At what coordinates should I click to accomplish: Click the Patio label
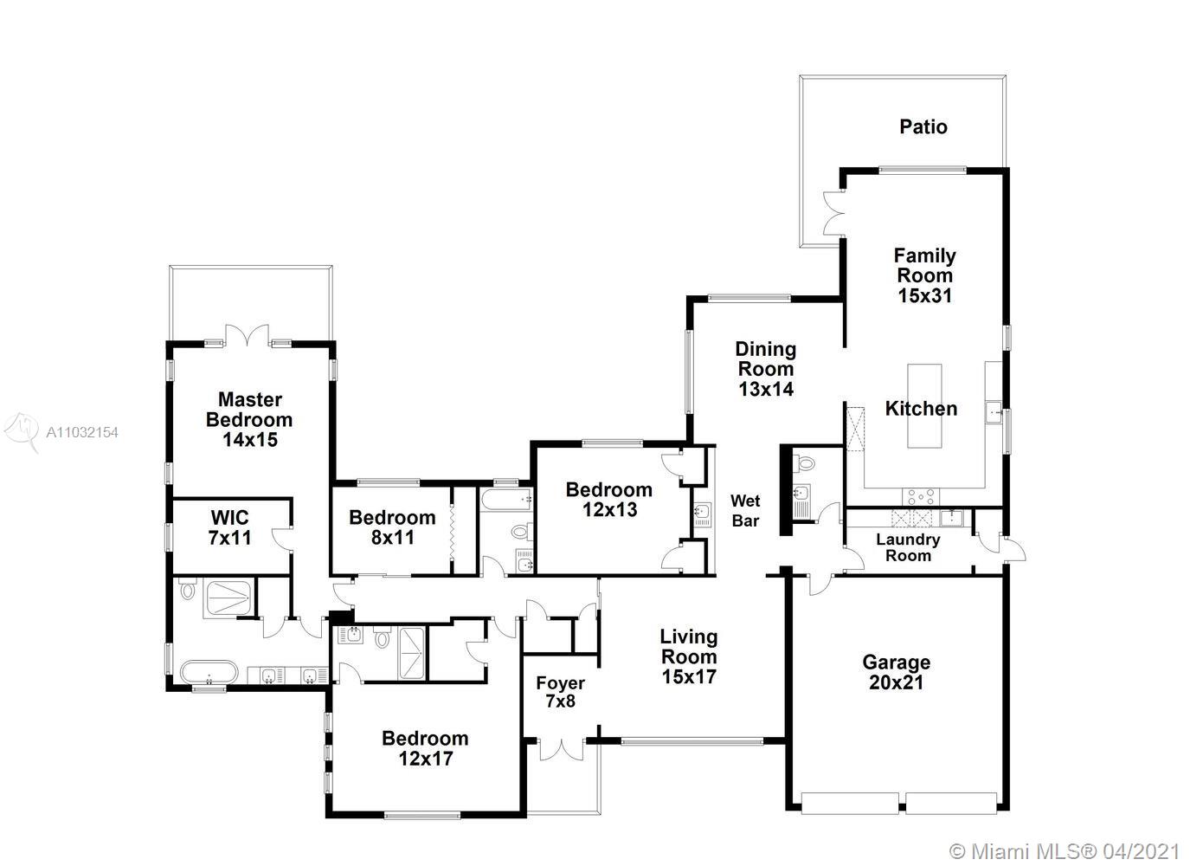click(x=923, y=126)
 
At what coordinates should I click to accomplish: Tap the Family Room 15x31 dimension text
click(x=924, y=295)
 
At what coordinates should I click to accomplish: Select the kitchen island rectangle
click(x=923, y=405)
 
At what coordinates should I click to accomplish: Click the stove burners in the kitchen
click(x=920, y=496)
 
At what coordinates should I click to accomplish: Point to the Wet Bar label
click(x=745, y=510)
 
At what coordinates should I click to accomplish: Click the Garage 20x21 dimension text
click(x=896, y=682)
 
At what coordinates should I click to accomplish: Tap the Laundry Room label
click(x=908, y=547)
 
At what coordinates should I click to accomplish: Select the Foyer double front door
click(x=561, y=748)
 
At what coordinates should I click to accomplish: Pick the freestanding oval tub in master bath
click(x=209, y=672)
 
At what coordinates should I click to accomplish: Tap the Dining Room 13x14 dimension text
click(x=766, y=389)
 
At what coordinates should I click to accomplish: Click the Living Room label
click(x=689, y=646)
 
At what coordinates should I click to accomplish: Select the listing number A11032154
click(x=82, y=432)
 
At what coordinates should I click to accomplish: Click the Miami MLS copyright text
click(x=1065, y=851)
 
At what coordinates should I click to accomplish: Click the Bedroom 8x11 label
click(x=392, y=527)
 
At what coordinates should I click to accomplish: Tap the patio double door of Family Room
click(x=833, y=213)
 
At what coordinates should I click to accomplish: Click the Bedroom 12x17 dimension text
click(x=426, y=758)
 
